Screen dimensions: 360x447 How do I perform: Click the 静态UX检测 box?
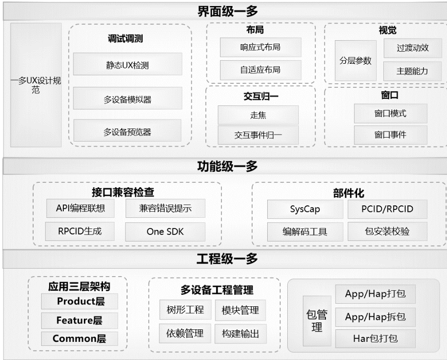127,65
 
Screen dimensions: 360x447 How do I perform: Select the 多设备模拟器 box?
127,99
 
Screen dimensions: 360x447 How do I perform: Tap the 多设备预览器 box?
127,132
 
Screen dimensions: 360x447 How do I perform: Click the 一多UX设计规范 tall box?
36,85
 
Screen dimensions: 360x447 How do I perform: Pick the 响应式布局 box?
260,48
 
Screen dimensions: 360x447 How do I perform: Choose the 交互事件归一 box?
258,135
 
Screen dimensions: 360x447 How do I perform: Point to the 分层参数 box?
356,61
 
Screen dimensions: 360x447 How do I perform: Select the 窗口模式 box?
390,113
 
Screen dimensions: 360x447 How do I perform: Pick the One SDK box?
165,231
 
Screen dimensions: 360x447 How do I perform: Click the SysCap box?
304,209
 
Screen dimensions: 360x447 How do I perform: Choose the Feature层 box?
80,320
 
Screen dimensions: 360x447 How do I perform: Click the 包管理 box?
317,321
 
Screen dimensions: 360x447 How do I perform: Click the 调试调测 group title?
128,40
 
